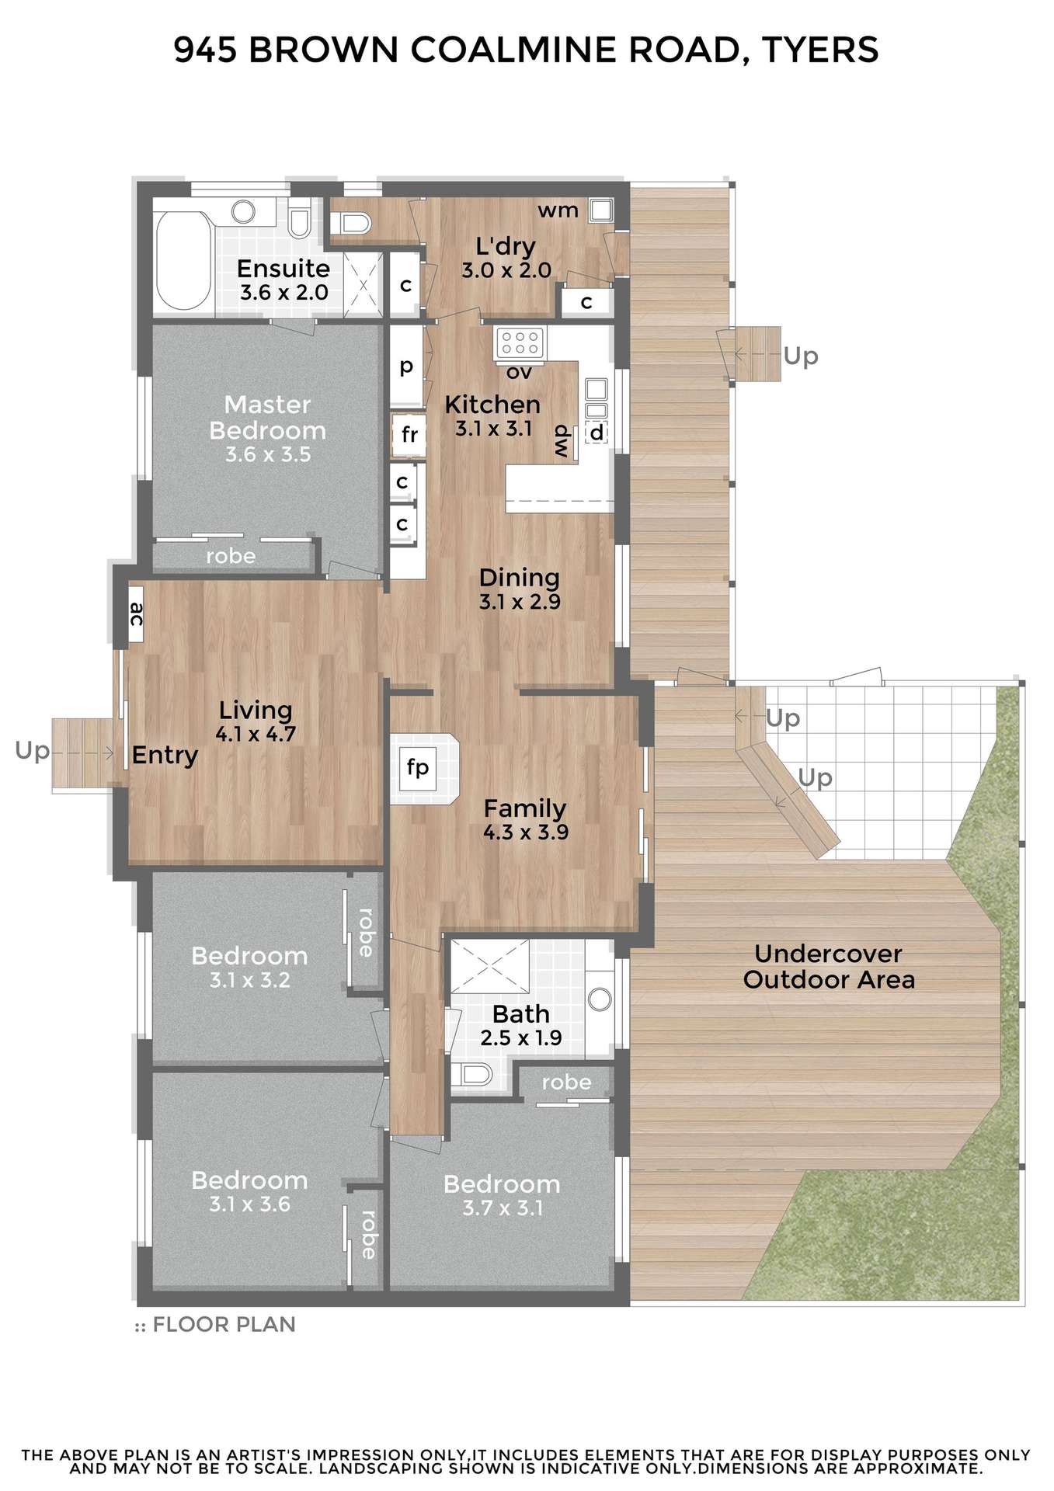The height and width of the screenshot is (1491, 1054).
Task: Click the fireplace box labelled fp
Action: [x=418, y=768]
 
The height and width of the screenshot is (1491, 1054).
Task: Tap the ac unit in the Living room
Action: [x=136, y=613]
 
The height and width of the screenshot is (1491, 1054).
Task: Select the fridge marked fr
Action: [x=409, y=435]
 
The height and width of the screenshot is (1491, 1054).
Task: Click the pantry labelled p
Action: [x=405, y=366]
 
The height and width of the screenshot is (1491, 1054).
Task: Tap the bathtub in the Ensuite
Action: [x=183, y=259]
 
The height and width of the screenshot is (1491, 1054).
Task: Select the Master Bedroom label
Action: [x=267, y=417]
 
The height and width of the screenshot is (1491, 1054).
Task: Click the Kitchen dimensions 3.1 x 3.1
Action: [x=493, y=429]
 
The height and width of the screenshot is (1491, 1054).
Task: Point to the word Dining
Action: [x=519, y=578]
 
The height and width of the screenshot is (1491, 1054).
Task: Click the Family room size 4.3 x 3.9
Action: [x=526, y=832]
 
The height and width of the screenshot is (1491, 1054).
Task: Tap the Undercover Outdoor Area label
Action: [x=829, y=967]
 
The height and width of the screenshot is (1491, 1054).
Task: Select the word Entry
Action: [x=165, y=755]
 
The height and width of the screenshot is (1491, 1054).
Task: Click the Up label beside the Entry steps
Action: [x=32, y=751]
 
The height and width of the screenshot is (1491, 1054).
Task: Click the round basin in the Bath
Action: [x=600, y=999]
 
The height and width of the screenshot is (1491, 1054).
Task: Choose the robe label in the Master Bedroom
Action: [x=231, y=556]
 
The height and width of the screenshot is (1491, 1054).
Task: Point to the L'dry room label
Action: [x=506, y=246]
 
